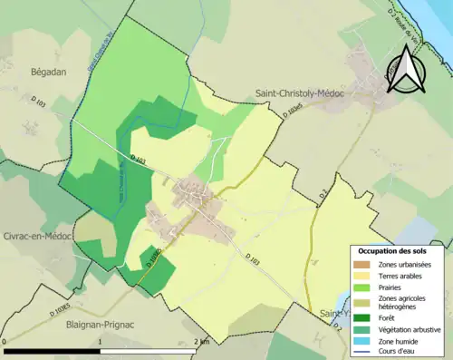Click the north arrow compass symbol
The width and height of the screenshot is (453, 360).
point(405,69)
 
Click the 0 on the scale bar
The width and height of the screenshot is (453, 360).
point(6,341)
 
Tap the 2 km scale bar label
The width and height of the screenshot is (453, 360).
point(201,341)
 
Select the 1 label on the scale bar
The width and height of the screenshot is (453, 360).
point(101,341)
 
